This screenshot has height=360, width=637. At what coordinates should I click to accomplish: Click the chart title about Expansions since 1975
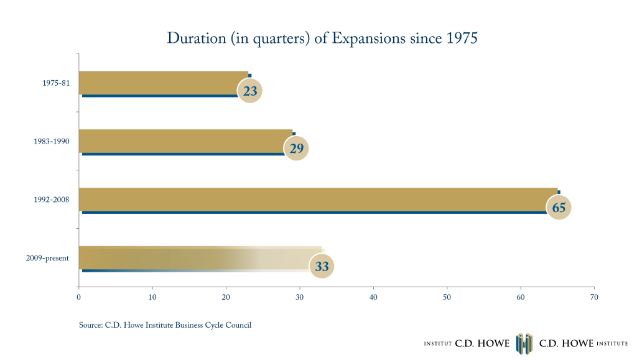[322, 39]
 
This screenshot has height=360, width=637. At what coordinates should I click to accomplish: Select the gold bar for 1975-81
[164, 83]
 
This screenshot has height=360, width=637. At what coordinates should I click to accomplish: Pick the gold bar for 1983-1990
[185, 141]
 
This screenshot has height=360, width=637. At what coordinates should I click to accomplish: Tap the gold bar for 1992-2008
[318, 200]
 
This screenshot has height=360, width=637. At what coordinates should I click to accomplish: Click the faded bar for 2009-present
[200, 258]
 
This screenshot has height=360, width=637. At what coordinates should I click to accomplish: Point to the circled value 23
[250, 91]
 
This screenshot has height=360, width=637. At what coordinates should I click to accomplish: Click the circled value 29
[296, 149]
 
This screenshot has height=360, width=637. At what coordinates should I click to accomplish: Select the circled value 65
[559, 208]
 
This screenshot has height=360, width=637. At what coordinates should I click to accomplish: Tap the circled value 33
[322, 266]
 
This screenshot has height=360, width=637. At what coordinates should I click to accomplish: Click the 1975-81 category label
[56, 83]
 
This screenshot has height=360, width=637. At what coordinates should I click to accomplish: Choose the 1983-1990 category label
[52, 141]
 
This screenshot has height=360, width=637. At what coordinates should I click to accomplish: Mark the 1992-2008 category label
[52, 200]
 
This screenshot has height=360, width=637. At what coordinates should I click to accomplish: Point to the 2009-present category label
[47, 258]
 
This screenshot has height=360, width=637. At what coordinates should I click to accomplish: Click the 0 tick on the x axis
[79, 297]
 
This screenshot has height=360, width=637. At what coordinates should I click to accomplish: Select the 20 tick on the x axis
[226, 297]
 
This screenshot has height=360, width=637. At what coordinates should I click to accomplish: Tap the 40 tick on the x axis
[373, 297]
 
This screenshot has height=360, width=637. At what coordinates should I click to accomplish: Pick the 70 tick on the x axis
[594, 297]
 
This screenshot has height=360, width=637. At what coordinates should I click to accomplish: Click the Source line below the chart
[165, 325]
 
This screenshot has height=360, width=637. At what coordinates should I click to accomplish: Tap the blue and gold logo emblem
[524, 344]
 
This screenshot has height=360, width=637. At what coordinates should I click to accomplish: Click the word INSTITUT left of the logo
[438, 344]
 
